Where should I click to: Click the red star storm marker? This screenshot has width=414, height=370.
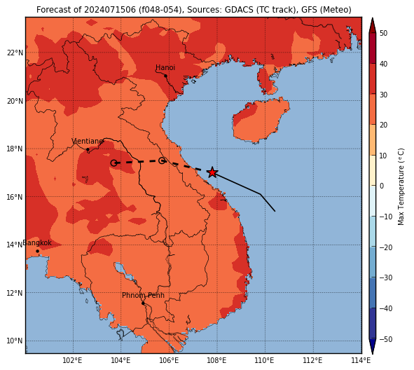(212, 172)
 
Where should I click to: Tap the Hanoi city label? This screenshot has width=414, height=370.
(165, 67)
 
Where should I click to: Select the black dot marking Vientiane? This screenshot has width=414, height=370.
(88, 149)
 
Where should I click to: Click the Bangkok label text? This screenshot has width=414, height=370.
(37, 242)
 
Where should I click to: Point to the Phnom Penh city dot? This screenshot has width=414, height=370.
(143, 303)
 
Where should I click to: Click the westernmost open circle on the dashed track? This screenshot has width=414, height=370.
(113, 163)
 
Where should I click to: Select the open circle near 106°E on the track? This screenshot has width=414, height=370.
(162, 160)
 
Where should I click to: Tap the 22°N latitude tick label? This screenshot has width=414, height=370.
(15, 53)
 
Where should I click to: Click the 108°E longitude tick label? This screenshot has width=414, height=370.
(216, 360)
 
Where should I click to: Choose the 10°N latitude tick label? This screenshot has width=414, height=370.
(15, 341)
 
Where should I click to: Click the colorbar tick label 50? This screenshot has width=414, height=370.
(384, 33)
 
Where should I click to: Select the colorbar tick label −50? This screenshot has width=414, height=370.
(386, 339)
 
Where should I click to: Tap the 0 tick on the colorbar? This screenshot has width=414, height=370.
(382, 186)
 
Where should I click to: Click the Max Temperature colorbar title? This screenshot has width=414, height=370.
(401, 186)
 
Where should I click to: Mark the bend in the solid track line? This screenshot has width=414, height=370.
(261, 194)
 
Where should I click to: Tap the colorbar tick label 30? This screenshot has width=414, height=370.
(384, 95)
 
